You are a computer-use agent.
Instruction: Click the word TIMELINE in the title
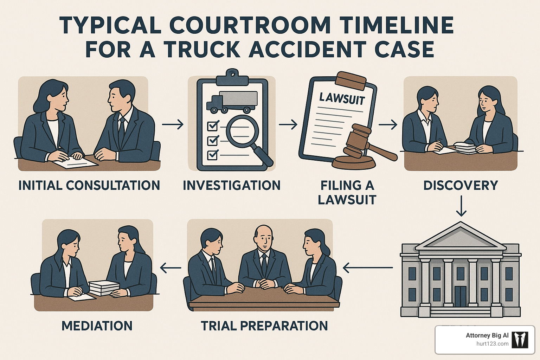(397, 25)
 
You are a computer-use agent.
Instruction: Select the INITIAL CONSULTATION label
(89, 185)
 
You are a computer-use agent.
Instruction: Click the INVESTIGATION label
(232, 185)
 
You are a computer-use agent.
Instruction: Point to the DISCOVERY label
(461, 185)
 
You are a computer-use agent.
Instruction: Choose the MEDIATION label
(97, 326)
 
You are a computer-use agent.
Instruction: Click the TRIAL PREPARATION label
(264, 326)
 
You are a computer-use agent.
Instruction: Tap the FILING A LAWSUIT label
(347, 192)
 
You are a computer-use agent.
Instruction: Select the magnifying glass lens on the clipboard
(242, 132)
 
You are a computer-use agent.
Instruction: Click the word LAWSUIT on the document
(342, 98)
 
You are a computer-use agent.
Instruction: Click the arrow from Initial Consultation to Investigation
(173, 124)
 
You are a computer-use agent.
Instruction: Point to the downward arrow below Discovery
(461, 206)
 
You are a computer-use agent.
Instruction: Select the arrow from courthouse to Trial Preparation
(367, 268)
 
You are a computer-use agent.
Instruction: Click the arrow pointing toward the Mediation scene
(171, 268)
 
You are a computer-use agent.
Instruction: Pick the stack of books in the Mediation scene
(104, 287)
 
